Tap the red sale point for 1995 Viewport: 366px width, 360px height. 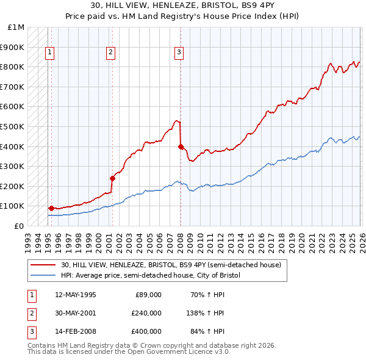pyautogui.click(x=51, y=208)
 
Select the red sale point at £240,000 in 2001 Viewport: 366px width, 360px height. pyautogui.click(x=112, y=178)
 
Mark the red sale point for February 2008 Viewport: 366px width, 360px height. pyautogui.click(x=181, y=146)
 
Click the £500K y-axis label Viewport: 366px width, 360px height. pyautogui.click(x=12, y=127)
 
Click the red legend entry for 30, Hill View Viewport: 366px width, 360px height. pyautogui.click(x=171, y=265)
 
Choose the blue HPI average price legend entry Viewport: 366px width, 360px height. pyautogui.click(x=151, y=276)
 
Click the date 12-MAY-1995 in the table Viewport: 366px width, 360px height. pyautogui.click(x=75, y=295)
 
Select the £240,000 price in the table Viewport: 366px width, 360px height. pyautogui.click(x=146, y=313)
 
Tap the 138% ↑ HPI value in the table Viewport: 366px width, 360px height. pyautogui.click(x=206, y=313)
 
